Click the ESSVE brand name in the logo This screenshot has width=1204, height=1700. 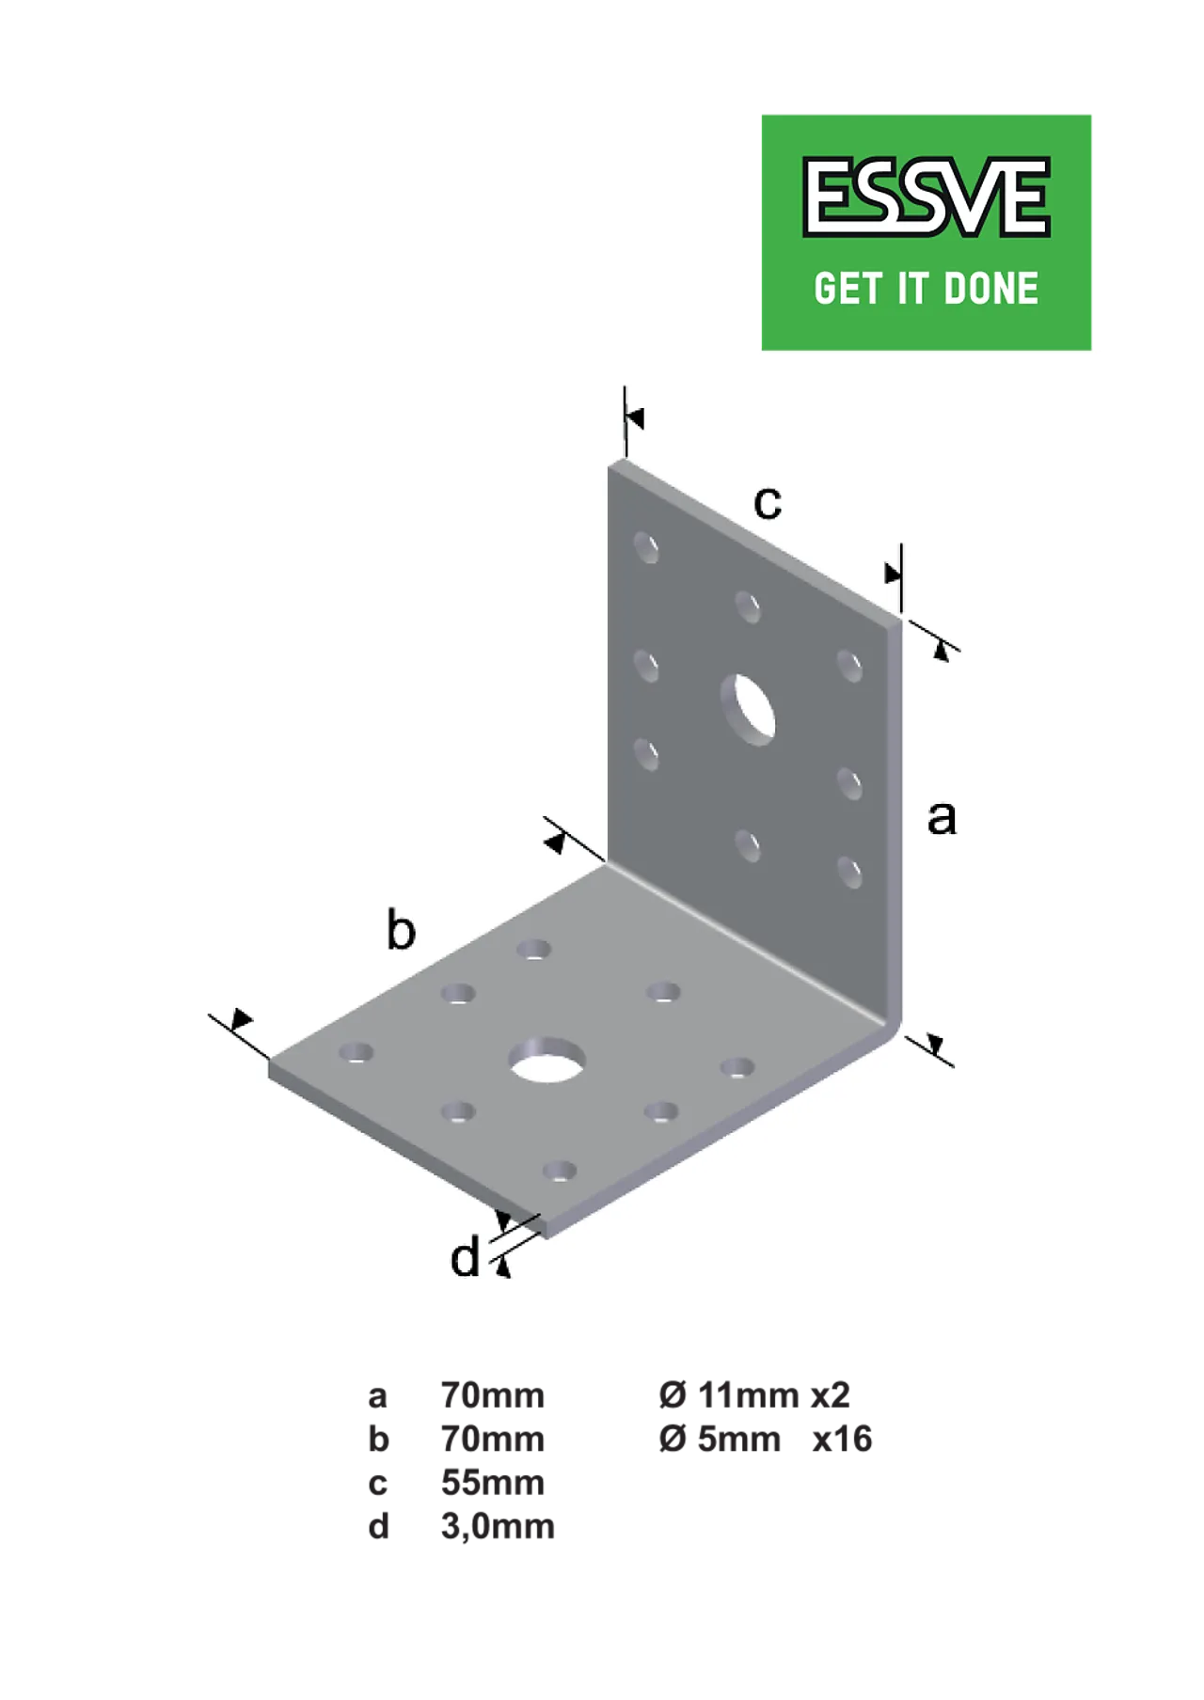[x=926, y=197]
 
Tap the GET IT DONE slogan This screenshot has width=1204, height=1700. [x=927, y=289]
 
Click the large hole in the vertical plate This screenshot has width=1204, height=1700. [x=749, y=709]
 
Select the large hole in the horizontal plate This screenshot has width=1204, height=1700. [x=547, y=1060]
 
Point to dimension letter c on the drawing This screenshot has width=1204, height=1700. [x=768, y=503]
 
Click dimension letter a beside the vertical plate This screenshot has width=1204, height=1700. [x=942, y=817]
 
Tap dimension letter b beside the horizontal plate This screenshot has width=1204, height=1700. [x=401, y=930]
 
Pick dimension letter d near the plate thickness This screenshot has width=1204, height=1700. [x=466, y=1256]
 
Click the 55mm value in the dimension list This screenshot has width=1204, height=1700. [x=493, y=1483]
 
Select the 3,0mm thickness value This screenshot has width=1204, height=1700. [x=498, y=1526]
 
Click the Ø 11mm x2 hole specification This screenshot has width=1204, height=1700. [x=754, y=1395]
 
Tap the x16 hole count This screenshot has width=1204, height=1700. [x=842, y=1440]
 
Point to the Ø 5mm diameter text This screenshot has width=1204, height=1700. [x=720, y=1440]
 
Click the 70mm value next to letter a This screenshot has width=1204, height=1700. [x=493, y=1395]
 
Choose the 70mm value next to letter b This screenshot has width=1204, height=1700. [x=493, y=1440]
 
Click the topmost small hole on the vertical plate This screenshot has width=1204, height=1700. [x=646, y=547]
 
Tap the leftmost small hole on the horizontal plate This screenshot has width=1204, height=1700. [x=356, y=1052]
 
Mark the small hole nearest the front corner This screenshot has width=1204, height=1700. [x=560, y=1171]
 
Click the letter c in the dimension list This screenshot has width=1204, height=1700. [x=378, y=1484]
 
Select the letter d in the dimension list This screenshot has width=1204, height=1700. [x=378, y=1526]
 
